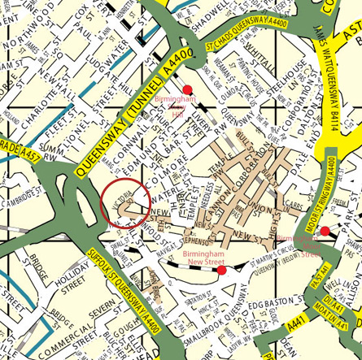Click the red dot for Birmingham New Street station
[x=221, y=270]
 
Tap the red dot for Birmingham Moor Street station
[x=325, y=232]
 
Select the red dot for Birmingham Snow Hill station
[x=186, y=89]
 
